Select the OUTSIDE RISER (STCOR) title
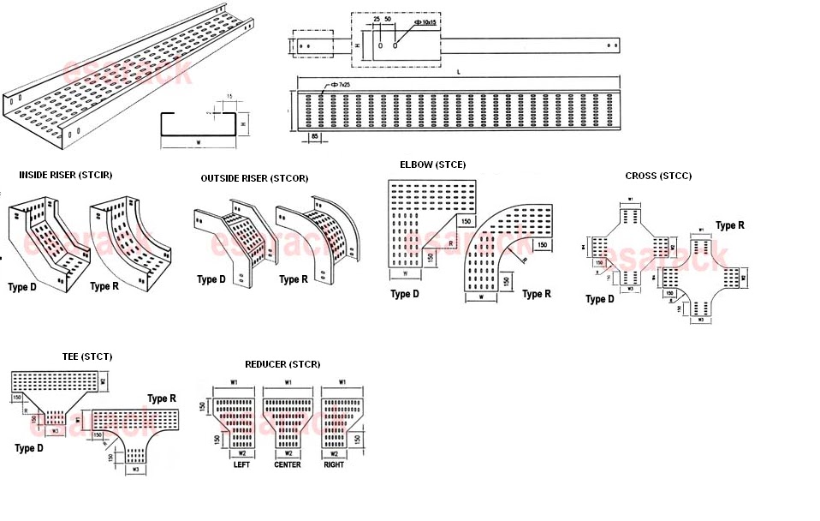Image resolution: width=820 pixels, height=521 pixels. click(x=254, y=178)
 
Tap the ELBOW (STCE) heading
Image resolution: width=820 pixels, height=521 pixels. click(x=432, y=164)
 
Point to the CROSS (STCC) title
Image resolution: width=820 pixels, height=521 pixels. click(x=658, y=176)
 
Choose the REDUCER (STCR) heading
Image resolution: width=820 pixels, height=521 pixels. click(x=282, y=364)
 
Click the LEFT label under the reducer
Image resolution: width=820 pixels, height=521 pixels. click(x=241, y=465)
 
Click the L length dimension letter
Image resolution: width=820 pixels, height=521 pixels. click(x=459, y=73)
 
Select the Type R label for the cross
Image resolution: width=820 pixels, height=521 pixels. click(x=729, y=225)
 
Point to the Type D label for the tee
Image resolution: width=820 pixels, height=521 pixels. click(x=29, y=448)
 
